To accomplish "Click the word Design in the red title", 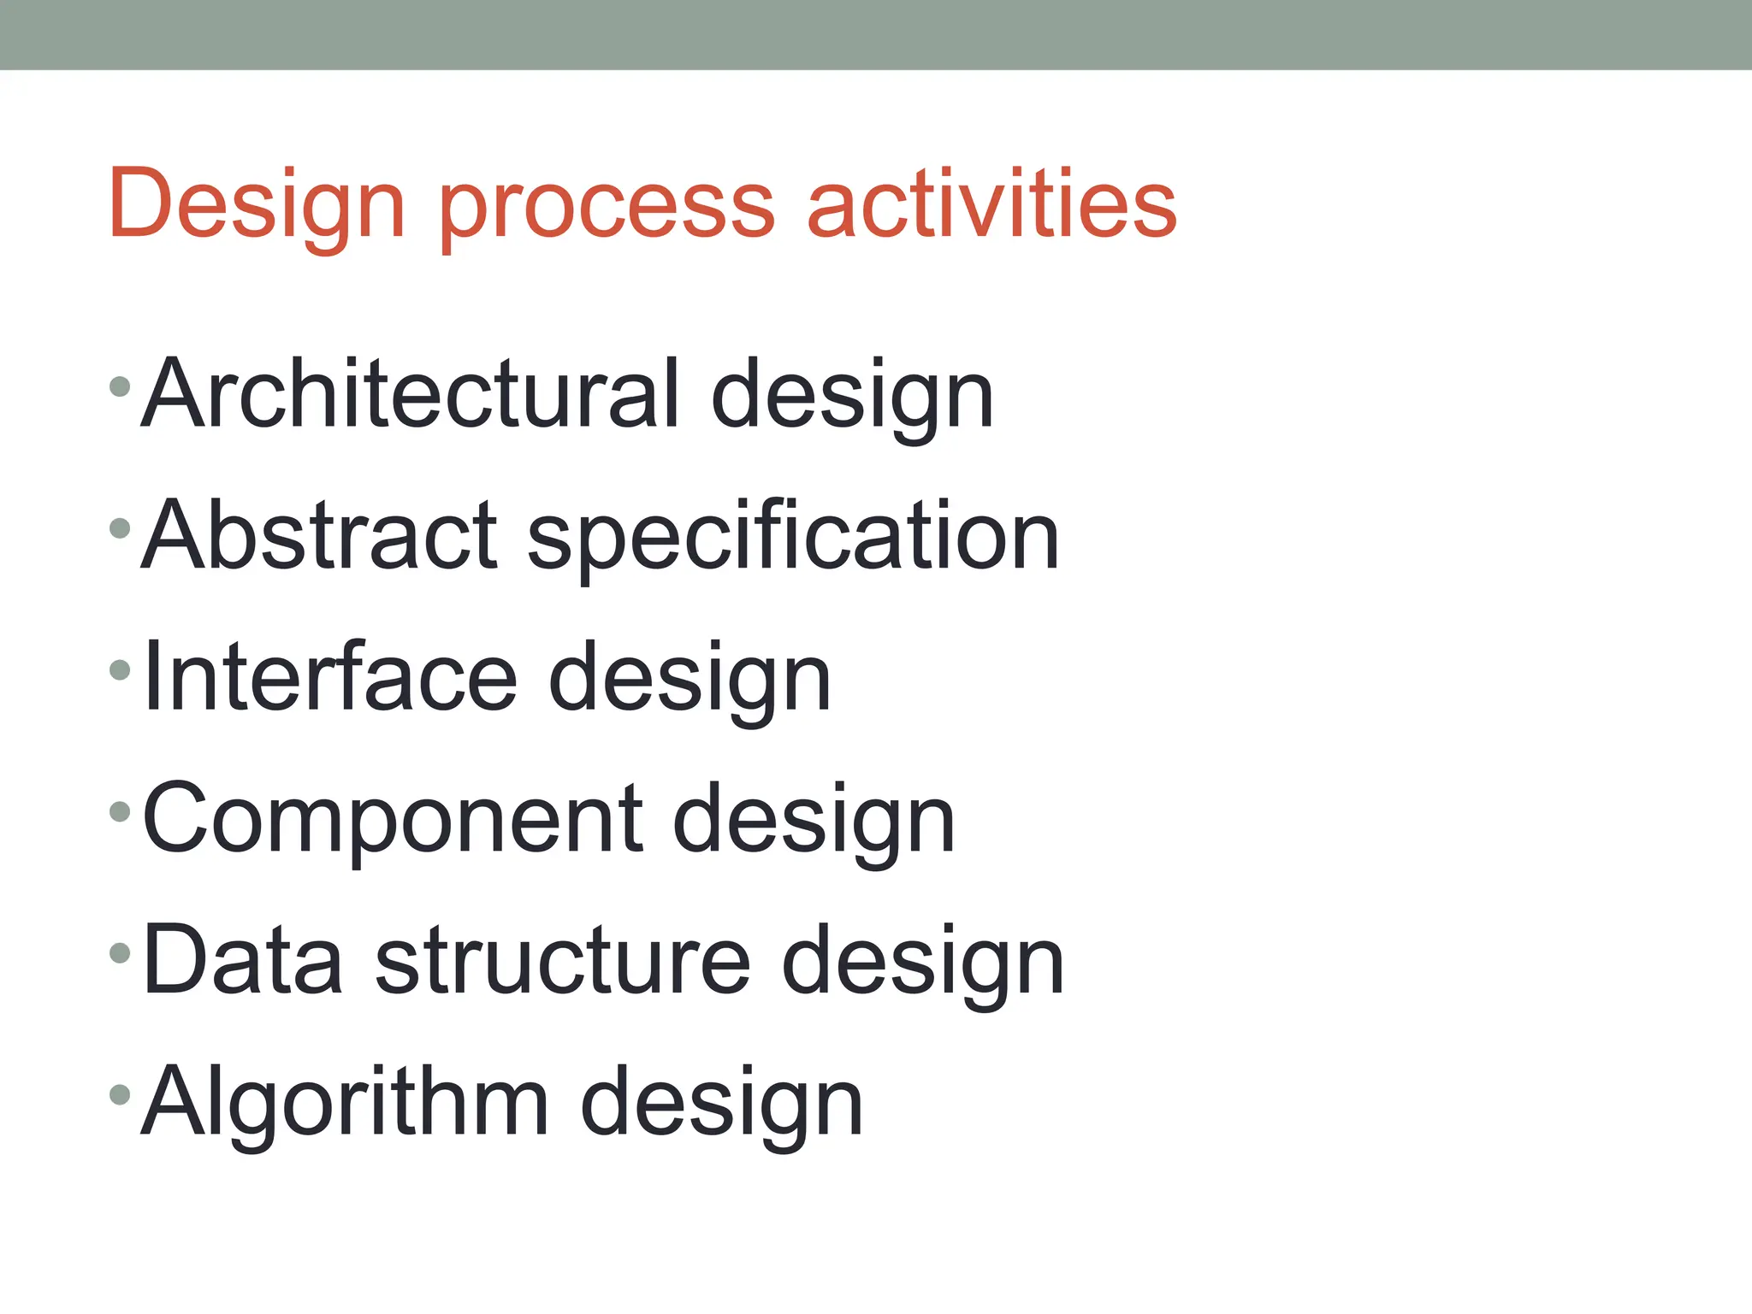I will [256, 205].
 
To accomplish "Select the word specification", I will [793, 539].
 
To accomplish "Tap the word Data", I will [243, 960].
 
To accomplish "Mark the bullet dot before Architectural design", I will [120, 386].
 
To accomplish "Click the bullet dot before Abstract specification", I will [120, 528].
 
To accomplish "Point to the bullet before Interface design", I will [120, 669].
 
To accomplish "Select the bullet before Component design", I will [120, 811].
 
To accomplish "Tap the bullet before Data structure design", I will [120, 952].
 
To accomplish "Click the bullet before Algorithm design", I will [120, 1093].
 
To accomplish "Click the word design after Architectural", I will [852, 397].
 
